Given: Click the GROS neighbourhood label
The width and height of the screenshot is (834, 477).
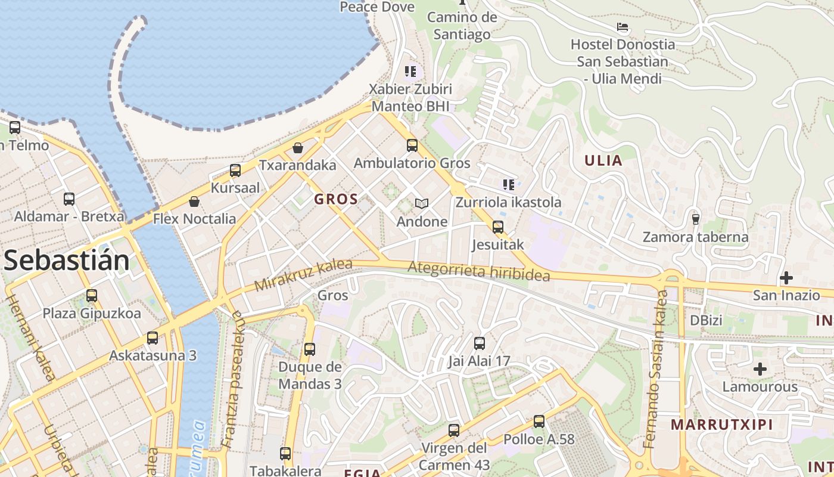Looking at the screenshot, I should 336,199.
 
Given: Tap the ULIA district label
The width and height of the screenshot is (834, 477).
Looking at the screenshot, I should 603,160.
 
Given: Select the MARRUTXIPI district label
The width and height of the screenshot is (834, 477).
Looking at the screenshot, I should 721,425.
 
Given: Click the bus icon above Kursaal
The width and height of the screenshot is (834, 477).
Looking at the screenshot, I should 235,171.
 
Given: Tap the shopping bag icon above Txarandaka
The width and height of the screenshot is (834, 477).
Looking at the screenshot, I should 298,147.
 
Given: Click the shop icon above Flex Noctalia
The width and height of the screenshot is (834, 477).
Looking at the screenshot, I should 194,202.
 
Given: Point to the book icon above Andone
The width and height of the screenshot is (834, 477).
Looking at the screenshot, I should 422,204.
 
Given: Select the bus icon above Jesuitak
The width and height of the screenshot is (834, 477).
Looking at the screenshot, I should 498,227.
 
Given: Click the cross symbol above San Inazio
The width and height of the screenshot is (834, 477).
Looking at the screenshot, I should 786,278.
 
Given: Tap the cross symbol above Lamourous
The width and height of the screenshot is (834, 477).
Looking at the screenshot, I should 760,369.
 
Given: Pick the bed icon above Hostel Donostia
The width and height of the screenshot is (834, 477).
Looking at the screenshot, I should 623,27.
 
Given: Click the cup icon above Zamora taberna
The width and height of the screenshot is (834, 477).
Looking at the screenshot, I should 695,219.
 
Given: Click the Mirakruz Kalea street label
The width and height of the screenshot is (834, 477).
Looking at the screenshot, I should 303,275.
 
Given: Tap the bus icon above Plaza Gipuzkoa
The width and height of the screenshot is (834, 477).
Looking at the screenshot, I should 92,296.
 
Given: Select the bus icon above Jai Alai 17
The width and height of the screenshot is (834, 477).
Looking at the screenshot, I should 480,343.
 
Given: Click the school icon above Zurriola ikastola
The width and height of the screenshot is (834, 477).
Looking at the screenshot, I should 508,185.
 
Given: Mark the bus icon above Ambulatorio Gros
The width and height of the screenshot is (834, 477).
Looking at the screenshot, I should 412,145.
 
